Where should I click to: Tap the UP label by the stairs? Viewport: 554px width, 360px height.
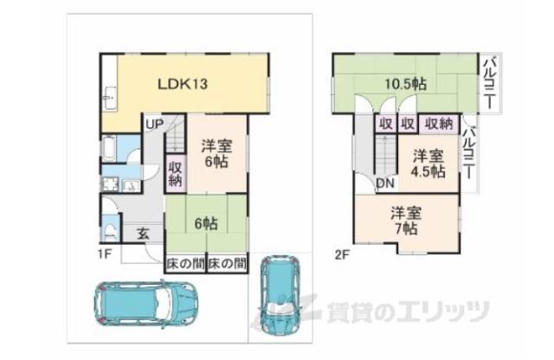154,124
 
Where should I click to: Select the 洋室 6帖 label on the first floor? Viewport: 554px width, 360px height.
216,154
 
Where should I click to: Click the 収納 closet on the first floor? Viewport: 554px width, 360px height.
175,174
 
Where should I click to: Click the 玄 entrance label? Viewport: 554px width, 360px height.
142,234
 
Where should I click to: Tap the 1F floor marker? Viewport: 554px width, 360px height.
105,254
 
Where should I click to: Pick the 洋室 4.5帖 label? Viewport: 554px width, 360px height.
428,164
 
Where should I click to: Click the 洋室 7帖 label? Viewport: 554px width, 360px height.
404,220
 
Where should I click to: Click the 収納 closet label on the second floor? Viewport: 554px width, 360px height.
440,125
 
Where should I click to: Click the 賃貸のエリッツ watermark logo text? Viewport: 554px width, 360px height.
407,310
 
